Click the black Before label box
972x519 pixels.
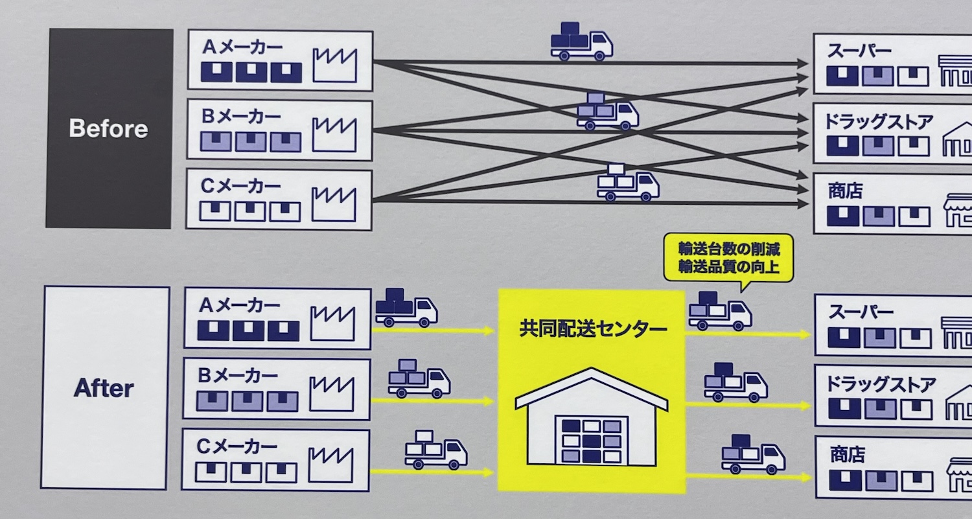pyautogui.click(x=109, y=128)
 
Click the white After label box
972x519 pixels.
pyautogui.click(x=105, y=387)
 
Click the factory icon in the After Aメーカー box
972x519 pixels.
pyautogui.click(x=332, y=323)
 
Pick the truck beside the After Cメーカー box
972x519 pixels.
pyautogui.click(x=435, y=449)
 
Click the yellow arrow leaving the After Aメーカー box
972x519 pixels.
pyautogui.click(x=433, y=331)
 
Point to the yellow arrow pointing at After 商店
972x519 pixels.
pyautogui.click(x=748, y=477)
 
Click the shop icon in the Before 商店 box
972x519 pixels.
pyautogui.click(x=958, y=211)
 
